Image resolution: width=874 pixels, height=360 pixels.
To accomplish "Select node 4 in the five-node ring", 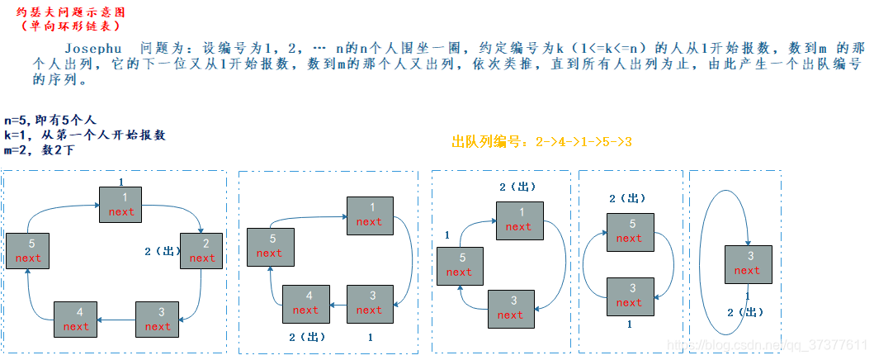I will (x=76, y=320).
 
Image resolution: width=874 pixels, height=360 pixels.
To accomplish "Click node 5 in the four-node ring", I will (x=270, y=246).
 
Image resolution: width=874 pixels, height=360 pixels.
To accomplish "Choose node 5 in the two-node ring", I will (x=629, y=231).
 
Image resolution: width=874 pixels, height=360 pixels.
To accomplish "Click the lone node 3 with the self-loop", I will (x=747, y=263).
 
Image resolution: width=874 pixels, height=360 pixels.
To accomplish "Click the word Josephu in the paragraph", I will (x=92, y=48).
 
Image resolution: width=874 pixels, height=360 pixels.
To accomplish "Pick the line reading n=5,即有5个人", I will (x=50, y=121).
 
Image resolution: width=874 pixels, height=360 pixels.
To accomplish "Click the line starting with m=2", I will (x=45, y=149).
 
